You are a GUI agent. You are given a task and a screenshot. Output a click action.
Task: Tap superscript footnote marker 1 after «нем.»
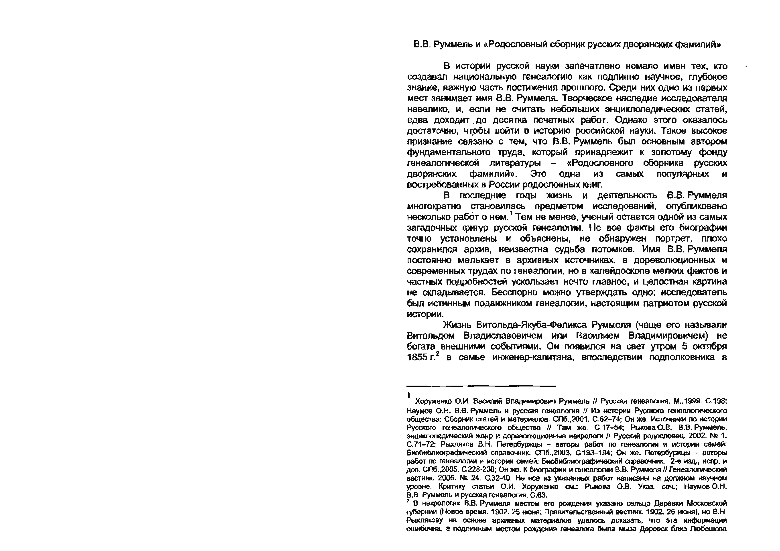coord(511,214)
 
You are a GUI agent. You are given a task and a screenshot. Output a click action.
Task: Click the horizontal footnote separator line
coord(481,386)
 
